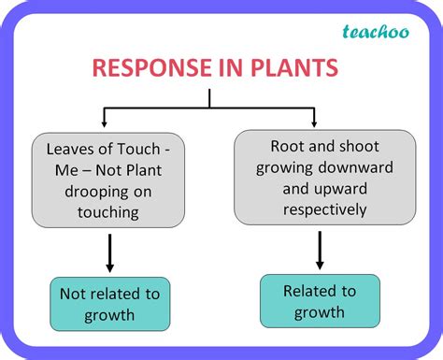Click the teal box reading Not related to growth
(109, 303)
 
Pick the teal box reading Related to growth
(320, 300)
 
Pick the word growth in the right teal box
(320, 311)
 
